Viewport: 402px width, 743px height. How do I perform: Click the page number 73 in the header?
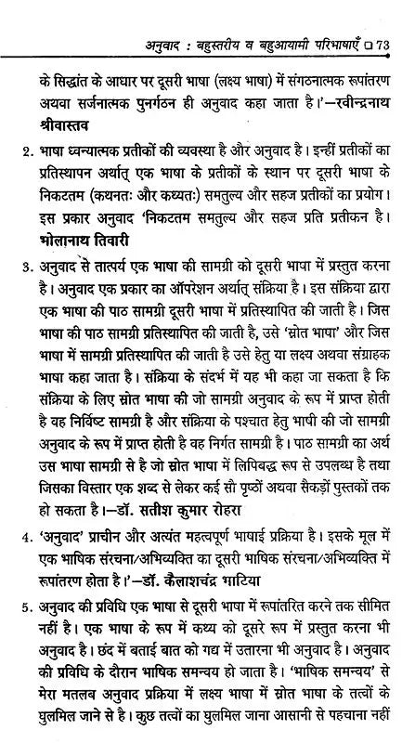(383, 15)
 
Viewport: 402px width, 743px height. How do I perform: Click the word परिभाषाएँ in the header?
(328, 15)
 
